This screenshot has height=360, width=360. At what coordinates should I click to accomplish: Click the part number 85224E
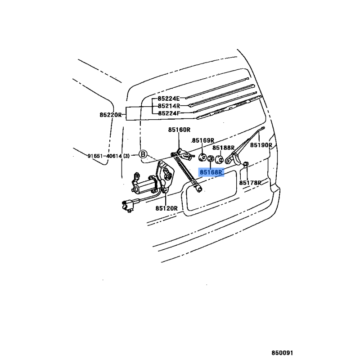[x=169, y=99]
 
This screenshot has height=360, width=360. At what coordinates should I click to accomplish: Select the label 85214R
[x=169, y=106]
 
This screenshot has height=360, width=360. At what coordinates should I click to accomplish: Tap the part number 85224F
[x=169, y=113]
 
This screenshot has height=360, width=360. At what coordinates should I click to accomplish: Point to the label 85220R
[x=111, y=115]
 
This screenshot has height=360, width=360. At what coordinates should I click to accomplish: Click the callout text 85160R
[x=179, y=130]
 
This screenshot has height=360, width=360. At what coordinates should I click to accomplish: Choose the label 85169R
[x=203, y=140]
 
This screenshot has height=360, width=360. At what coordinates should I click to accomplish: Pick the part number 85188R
[x=223, y=148]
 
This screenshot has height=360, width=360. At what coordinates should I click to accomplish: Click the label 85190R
[x=261, y=145]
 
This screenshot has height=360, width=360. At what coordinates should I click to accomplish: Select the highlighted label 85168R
[x=211, y=172]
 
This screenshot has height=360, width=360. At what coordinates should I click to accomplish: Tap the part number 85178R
[x=250, y=183]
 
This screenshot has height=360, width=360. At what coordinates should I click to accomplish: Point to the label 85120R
[x=166, y=208]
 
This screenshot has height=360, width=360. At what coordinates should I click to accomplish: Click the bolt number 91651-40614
[x=105, y=156]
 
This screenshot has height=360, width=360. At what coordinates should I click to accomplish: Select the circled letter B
[x=143, y=154]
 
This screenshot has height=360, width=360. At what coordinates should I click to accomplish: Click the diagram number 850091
[x=283, y=353]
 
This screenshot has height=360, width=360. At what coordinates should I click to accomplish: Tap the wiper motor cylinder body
[x=145, y=186]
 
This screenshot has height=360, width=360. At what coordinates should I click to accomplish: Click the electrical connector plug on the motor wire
[x=128, y=205]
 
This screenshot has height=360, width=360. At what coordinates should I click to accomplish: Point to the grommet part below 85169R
[x=202, y=157]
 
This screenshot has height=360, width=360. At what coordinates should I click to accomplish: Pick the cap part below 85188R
[x=219, y=159]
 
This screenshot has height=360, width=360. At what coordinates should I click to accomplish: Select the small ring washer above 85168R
[x=211, y=158]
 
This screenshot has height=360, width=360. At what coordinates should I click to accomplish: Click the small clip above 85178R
[x=246, y=164]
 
